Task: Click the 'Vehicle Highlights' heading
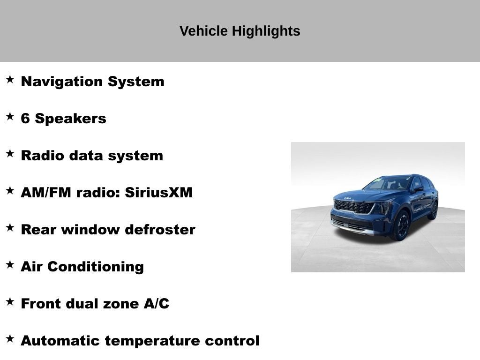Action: tap(240, 31)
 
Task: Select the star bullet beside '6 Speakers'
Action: tap(10, 117)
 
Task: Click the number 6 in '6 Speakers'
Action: tap(25, 119)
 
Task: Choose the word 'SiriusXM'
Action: tap(158, 193)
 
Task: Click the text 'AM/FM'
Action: tap(45, 193)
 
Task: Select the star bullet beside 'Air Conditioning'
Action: tap(10, 265)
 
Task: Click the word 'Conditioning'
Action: tap(96, 267)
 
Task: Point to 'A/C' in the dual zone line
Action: tap(156, 304)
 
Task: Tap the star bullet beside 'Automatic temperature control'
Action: tap(10, 339)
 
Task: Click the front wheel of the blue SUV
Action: tap(401, 226)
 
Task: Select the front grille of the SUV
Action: tap(353, 206)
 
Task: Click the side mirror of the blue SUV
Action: tap(418, 188)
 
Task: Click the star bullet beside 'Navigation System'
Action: tap(10, 80)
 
